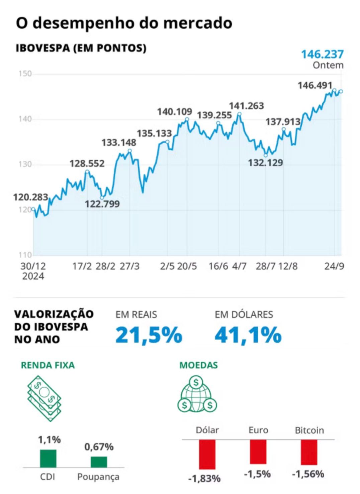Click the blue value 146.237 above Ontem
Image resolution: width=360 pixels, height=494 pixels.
(x=322, y=54)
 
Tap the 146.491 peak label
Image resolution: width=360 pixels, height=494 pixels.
(x=315, y=86)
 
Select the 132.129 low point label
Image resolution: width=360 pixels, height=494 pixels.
(x=265, y=163)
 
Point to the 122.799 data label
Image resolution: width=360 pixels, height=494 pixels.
(x=102, y=204)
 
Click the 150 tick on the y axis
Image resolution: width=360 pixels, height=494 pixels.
(x=25, y=74)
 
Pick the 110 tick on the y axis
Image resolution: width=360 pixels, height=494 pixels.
(x=25, y=255)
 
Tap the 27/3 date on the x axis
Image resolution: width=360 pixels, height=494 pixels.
(x=129, y=266)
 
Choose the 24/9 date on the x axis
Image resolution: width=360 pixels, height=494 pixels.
(x=334, y=266)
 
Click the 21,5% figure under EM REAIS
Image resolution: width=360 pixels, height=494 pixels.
(x=149, y=335)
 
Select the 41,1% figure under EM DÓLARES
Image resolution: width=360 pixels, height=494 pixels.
(x=248, y=335)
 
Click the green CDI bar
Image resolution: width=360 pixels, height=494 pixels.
(x=48, y=458)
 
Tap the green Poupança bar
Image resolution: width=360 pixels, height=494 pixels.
(x=99, y=462)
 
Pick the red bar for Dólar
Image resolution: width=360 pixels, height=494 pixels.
(x=207, y=454)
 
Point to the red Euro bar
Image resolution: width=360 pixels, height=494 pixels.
(x=258, y=452)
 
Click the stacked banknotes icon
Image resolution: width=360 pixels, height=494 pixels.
(x=44, y=398)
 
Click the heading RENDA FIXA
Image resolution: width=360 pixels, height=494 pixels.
(x=48, y=365)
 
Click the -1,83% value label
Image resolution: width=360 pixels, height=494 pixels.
(x=204, y=479)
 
